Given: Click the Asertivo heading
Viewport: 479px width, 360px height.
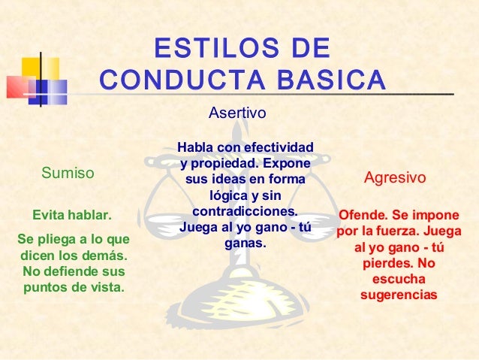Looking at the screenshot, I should click(236, 113).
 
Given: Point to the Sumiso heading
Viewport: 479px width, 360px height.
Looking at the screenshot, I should click(68, 174).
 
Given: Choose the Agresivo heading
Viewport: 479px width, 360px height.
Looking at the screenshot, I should click(395, 179).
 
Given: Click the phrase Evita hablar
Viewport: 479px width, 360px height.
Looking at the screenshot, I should click(71, 216).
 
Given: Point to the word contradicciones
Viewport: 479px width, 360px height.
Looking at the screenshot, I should click(246, 211).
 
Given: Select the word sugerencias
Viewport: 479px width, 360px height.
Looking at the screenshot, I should click(398, 296).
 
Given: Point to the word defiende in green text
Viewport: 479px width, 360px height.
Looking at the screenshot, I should click(73, 271).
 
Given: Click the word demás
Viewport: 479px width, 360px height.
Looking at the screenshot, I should click(104, 256).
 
